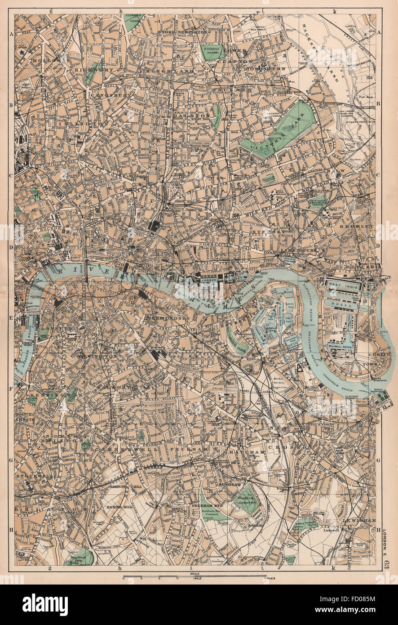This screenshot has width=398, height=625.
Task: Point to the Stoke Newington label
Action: click(x=182, y=33)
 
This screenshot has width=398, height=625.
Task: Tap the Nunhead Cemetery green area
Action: click(x=245, y=500)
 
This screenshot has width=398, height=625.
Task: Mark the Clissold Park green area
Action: click(x=133, y=22)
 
